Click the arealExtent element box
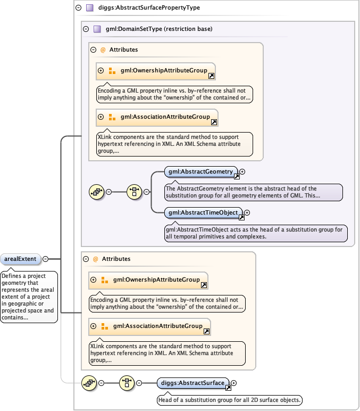pos(20,259)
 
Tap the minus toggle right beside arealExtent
pos(45,259)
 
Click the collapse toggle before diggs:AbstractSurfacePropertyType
pos(78,8)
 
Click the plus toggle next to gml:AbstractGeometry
pos(242,171)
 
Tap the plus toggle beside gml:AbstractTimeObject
pos(247,213)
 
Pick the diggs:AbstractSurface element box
pos(193,383)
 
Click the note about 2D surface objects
pos(230,400)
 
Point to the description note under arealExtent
pos(29,297)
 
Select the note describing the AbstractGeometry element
pos(253,192)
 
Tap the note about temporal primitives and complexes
pos(256,233)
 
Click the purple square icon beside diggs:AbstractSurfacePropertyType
pos(89,8)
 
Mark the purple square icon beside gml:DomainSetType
pos(97,29)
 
